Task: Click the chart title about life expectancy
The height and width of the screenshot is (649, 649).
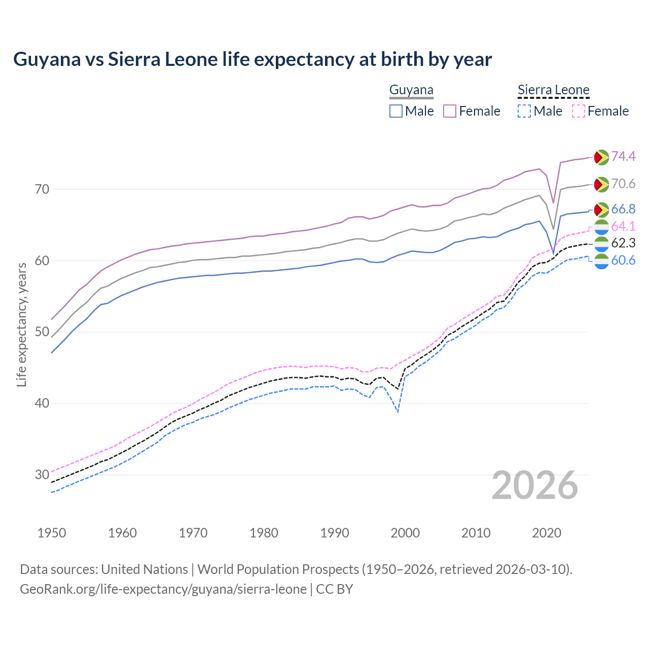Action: point(252,59)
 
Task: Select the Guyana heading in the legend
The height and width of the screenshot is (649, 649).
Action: point(411,90)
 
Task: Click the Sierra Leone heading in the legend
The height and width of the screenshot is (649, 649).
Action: point(553,90)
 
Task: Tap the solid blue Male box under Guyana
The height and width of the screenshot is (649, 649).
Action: point(396,111)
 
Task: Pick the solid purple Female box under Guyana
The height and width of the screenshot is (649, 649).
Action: point(450,111)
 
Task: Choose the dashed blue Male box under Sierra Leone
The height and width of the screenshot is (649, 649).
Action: point(524,111)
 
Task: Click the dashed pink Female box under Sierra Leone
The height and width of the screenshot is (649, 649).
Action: point(579,111)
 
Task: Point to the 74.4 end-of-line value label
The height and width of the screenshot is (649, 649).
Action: point(623,156)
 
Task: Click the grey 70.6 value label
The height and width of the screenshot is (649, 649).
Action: point(623,184)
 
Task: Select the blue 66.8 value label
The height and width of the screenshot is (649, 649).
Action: point(623,209)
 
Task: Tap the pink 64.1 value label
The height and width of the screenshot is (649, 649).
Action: point(623,226)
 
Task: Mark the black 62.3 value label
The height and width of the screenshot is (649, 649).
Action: point(623,243)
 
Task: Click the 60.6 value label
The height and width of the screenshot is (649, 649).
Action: point(623,261)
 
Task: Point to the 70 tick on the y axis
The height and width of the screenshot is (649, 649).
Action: point(42,190)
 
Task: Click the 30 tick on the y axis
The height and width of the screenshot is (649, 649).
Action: point(42,475)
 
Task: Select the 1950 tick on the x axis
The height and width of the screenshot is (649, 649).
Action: point(52,533)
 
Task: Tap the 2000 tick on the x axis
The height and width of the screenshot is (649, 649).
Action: point(405,533)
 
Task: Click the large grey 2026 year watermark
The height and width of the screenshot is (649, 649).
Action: point(535,485)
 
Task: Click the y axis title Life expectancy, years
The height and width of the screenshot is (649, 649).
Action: point(22,324)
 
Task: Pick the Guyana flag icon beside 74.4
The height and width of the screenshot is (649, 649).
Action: point(601,157)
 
